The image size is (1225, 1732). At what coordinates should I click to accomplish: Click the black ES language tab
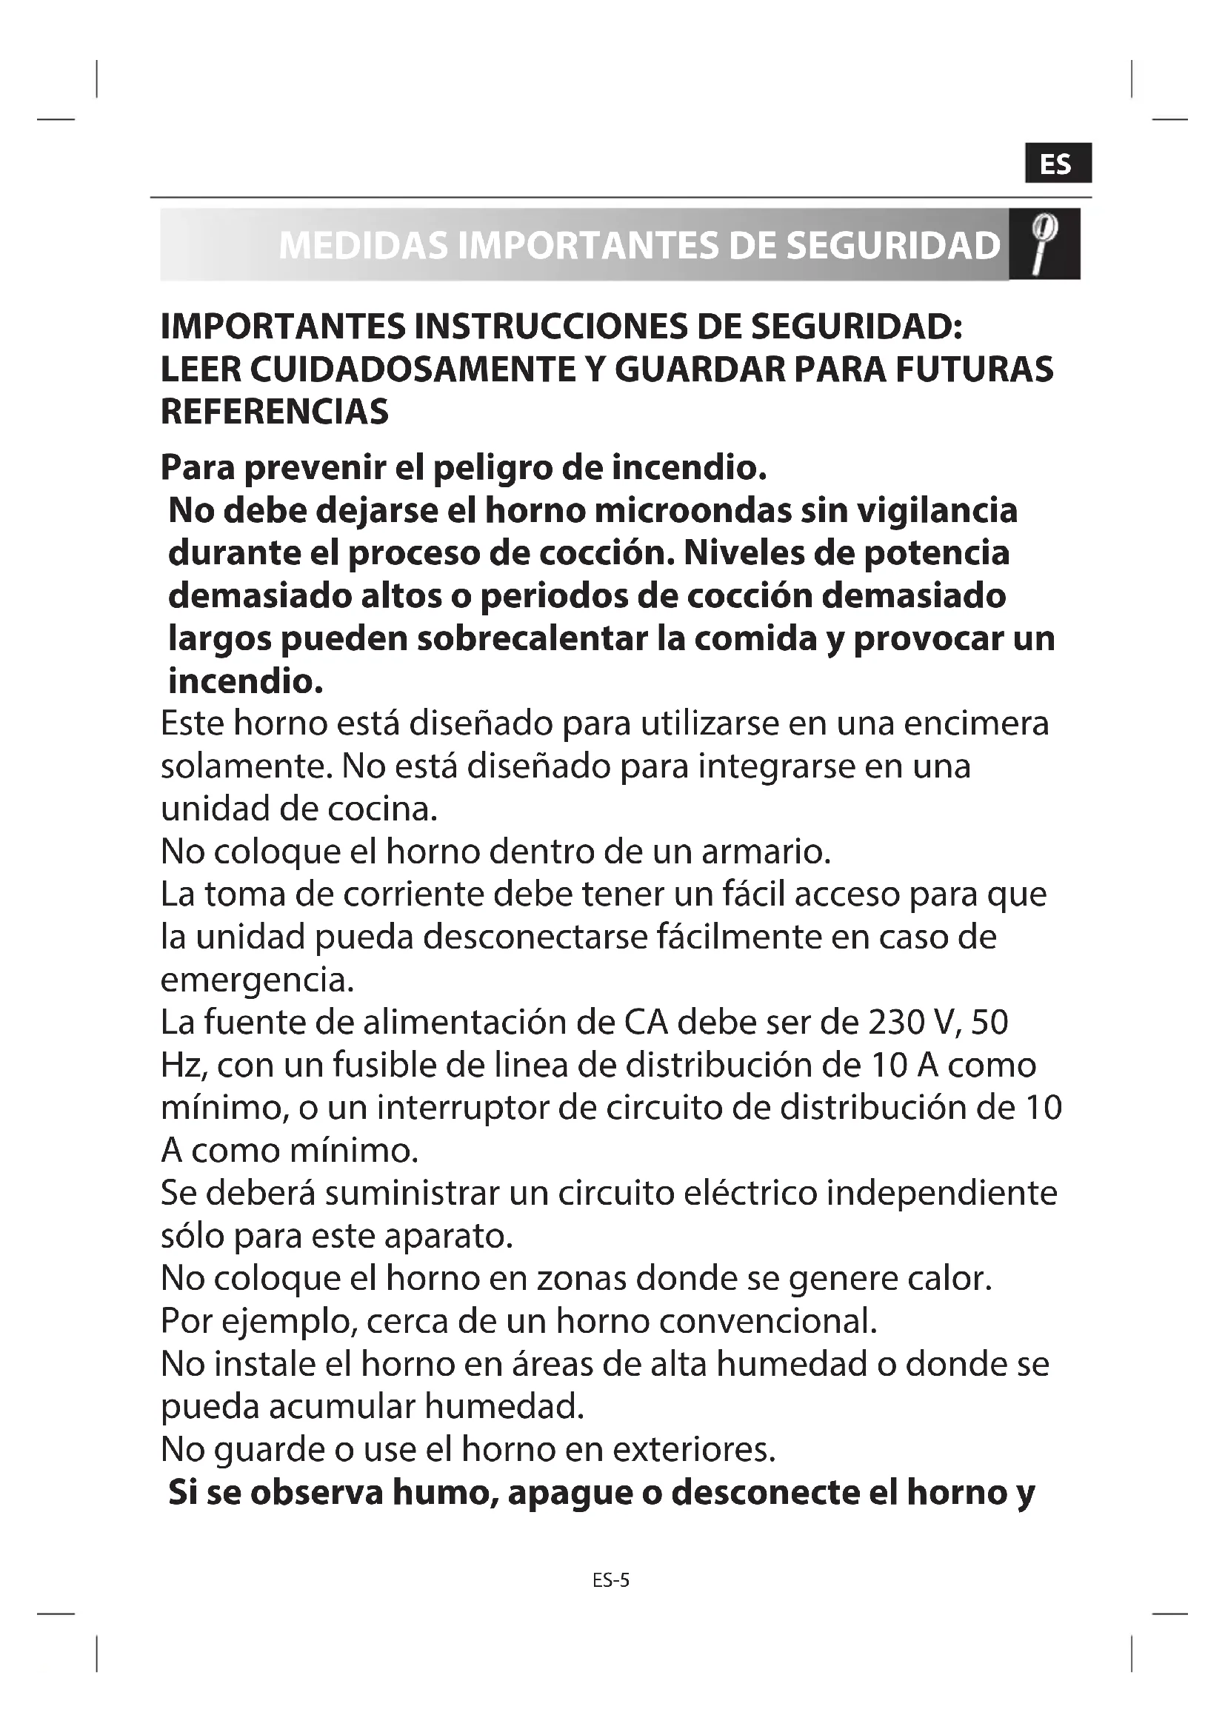click(x=1058, y=163)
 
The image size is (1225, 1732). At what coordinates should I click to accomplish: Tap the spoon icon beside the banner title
click(x=1045, y=244)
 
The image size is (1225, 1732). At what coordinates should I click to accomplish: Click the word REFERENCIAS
click(x=275, y=412)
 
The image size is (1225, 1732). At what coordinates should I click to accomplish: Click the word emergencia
click(x=257, y=980)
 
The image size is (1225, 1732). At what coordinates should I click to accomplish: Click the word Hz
click(x=178, y=1066)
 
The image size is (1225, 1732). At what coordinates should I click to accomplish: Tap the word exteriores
click(x=693, y=1449)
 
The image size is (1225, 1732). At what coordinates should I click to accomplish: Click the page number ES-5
click(x=611, y=1580)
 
